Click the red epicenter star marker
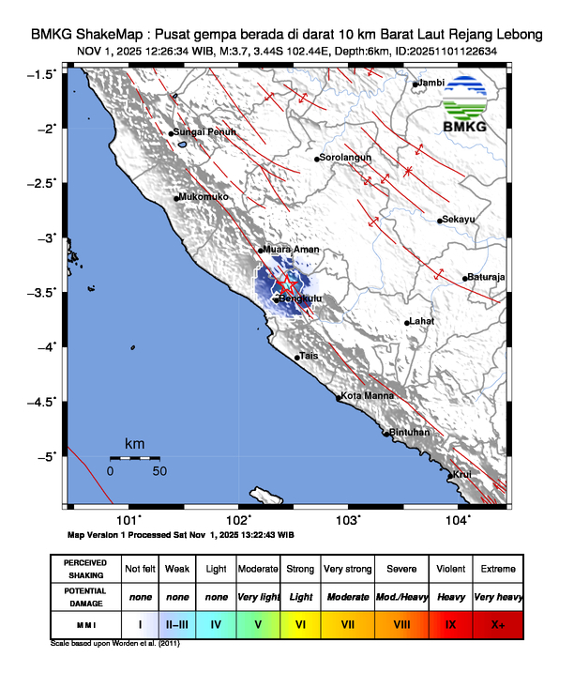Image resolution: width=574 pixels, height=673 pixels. tap(287, 283)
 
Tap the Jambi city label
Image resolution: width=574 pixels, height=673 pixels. tap(430, 84)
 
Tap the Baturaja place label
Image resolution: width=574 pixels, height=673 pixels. tap(485, 277)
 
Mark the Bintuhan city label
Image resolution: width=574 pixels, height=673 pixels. tap(409, 433)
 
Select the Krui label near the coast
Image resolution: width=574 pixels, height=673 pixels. tap(461, 475)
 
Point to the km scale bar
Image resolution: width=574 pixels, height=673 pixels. tap(135, 457)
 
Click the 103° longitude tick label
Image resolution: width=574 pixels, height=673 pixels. tap(348, 518)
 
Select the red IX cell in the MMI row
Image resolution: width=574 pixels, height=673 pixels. tap(451, 622)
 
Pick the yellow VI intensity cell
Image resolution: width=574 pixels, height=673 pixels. tap(300, 622)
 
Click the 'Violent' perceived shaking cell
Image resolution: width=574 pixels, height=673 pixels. tap(451, 569)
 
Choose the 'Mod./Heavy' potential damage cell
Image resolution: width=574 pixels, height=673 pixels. tap(399, 596)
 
